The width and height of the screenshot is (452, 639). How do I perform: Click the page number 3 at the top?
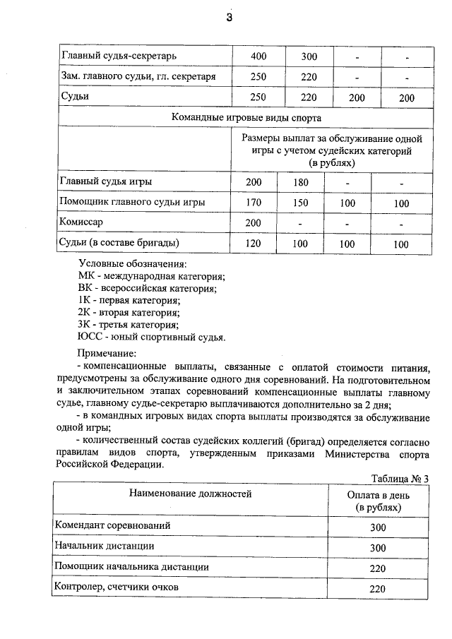click(229, 18)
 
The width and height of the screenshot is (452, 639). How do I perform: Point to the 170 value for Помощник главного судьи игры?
click(254, 203)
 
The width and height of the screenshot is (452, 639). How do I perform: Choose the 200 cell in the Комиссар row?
click(254, 223)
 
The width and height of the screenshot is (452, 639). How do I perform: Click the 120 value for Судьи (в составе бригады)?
click(254, 244)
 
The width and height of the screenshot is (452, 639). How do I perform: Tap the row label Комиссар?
click(82, 222)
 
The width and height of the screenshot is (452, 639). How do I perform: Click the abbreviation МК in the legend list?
click(86, 276)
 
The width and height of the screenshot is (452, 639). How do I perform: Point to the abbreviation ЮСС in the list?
click(90, 337)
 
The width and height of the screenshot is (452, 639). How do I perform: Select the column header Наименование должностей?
click(190, 494)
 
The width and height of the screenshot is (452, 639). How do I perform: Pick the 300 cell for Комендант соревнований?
click(379, 527)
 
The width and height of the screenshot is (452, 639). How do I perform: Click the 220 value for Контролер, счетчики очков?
click(379, 589)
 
